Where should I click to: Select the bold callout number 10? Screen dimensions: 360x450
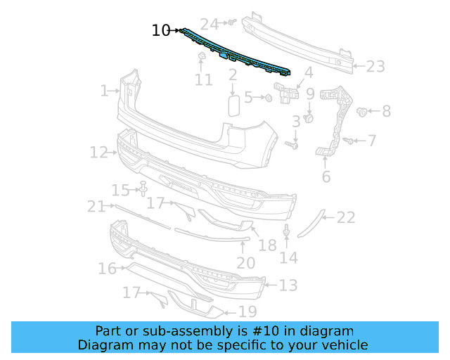pyautogui.click(x=161, y=30)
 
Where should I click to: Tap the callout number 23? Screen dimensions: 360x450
pyautogui.click(x=375, y=67)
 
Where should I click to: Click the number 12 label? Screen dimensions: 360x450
pyautogui.click(x=98, y=152)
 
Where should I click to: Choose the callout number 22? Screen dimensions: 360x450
pyautogui.click(x=345, y=218)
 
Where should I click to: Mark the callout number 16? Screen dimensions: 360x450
pyautogui.click(x=107, y=269)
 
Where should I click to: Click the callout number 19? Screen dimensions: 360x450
pyautogui.click(x=247, y=310)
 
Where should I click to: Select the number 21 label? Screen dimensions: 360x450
pyautogui.click(x=96, y=206)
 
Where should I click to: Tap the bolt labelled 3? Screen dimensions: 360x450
pyautogui.click(x=293, y=146)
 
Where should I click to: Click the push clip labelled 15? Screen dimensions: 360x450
pyautogui.click(x=143, y=188)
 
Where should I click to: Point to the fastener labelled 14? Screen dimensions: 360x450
pyautogui.click(x=287, y=231)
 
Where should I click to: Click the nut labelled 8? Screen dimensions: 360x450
pyautogui.click(x=363, y=111)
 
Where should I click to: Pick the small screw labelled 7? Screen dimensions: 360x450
pyautogui.click(x=347, y=141)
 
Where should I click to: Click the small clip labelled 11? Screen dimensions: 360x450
pyautogui.click(x=200, y=56)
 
